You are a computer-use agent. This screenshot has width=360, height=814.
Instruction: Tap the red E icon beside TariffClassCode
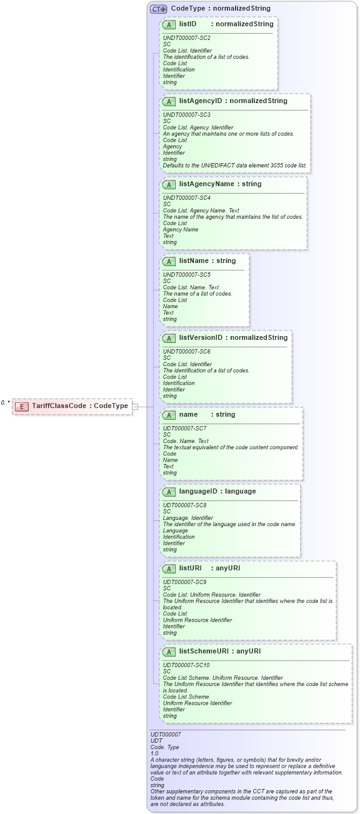pyautogui.click(x=22, y=406)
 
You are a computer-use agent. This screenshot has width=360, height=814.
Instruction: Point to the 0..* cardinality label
pyautogui.click(x=6, y=402)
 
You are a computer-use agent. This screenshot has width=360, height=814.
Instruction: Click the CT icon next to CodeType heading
pyautogui.click(x=158, y=9)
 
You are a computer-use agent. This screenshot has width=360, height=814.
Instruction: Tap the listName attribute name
pyautogui.click(x=193, y=261)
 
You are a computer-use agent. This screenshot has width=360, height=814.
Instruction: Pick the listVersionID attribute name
pyautogui.click(x=201, y=337)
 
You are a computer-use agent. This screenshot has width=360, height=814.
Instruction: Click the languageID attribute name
pyautogui.click(x=199, y=491)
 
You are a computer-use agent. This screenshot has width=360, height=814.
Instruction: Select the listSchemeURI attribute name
pyautogui.click(x=204, y=651)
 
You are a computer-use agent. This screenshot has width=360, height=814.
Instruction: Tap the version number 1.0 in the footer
pyautogui.click(x=154, y=753)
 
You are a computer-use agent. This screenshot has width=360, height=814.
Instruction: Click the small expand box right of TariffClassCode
pyautogui.click(x=135, y=406)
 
